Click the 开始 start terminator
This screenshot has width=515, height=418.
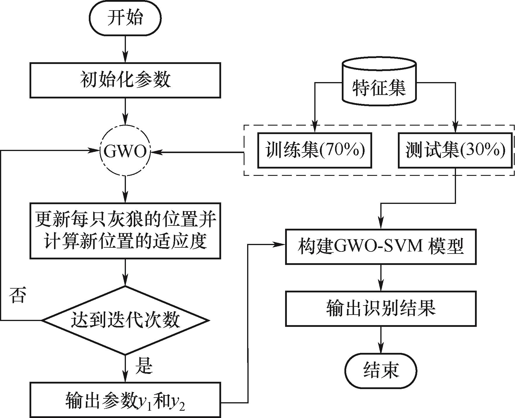pos(125,18)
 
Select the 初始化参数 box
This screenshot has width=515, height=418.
pos(125,80)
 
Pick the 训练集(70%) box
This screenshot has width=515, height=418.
pos(315,151)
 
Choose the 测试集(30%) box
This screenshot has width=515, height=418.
pos(455,151)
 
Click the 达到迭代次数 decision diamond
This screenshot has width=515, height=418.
pos(125,320)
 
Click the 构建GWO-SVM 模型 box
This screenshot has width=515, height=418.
pos(381,247)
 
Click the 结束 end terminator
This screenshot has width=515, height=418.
pos(381,371)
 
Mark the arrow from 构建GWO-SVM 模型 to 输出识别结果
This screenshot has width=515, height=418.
pos(381,277)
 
